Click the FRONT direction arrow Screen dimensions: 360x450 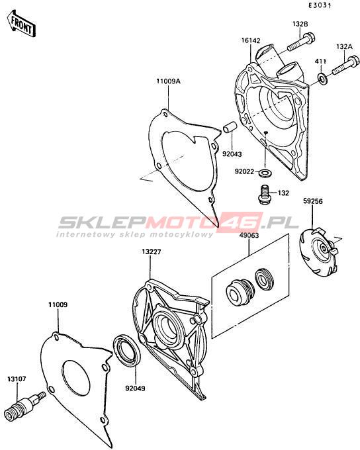(21, 24)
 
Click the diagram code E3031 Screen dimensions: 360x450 (320, 5)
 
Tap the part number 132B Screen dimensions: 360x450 (300, 24)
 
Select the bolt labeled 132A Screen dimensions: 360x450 (346, 66)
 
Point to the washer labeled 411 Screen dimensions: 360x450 (322, 77)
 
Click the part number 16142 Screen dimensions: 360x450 (251, 40)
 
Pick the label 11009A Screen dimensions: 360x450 (168, 81)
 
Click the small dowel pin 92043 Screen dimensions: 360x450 (230, 128)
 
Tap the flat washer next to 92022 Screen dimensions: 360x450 (265, 173)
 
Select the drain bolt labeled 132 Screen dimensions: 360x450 (264, 195)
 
